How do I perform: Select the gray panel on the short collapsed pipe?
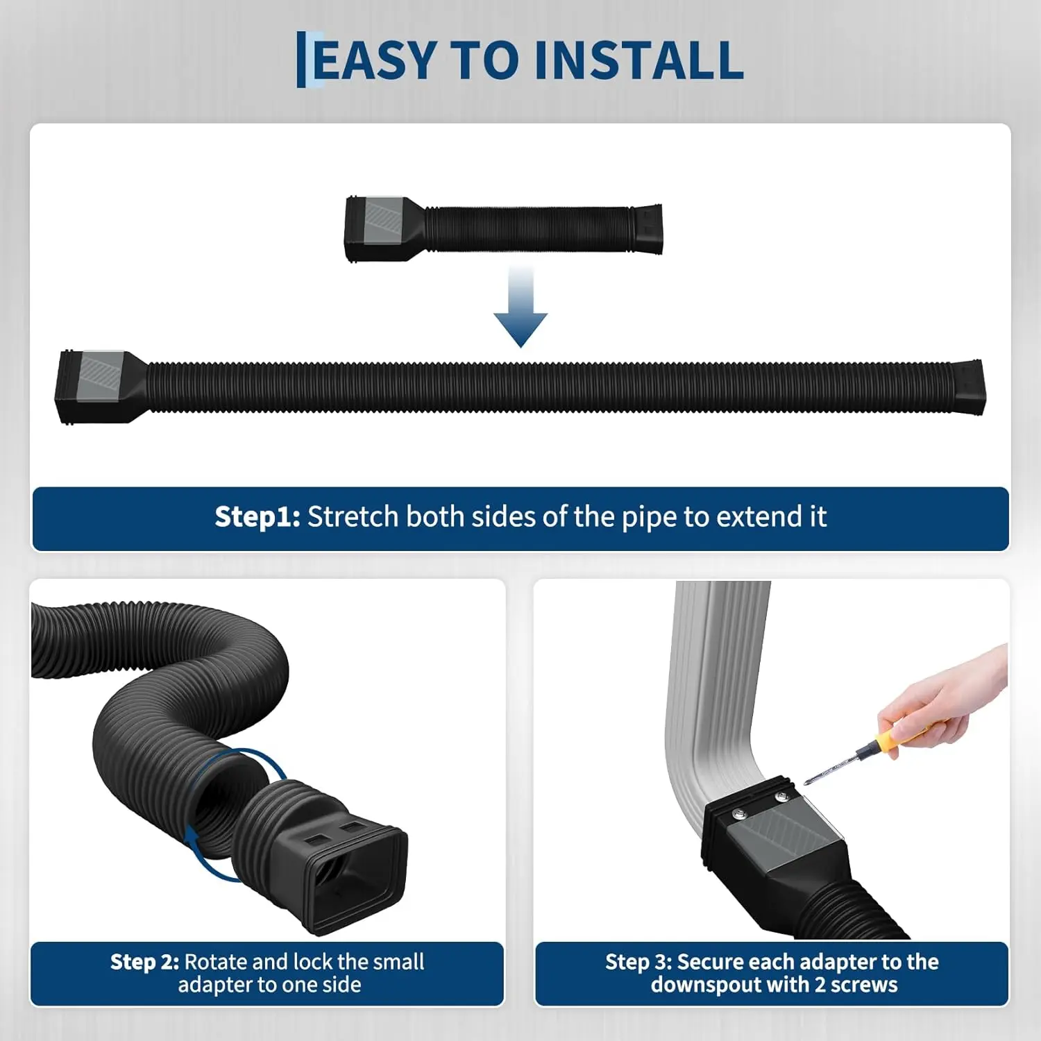coord(385,223)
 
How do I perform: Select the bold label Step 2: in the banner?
coord(144,962)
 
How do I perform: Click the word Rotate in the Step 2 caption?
coord(215,962)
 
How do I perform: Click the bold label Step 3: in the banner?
coord(638,962)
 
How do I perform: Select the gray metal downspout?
coord(718,694)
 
